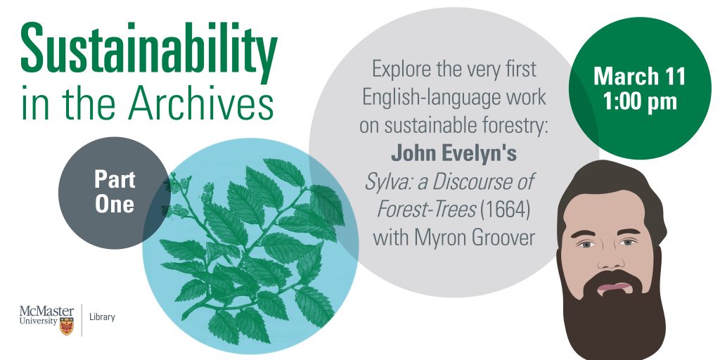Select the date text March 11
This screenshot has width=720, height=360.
pyautogui.click(x=639, y=76)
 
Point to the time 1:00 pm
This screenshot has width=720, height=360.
pyautogui.click(x=640, y=102)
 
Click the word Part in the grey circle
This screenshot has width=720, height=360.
pyautogui.click(x=115, y=179)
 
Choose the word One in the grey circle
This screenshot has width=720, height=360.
pyautogui.click(x=115, y=204)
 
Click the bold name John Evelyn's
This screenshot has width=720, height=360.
pyautogui.click(x=454, y=154)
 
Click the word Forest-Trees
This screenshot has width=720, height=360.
pyautogui.click(x=426, y=210)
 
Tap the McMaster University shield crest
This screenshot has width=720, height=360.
pyautogui.click(x=67, y=325)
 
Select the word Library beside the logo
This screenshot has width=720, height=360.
pyautogui.click(x=102, y=317)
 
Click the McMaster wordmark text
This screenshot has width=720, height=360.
pyautogui.click(x=46, y=311)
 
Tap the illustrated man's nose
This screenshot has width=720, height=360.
pyautogui.click(x=611, y=257)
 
